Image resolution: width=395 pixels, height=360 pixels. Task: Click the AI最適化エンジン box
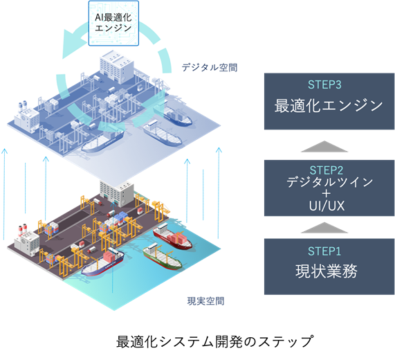point(113,24)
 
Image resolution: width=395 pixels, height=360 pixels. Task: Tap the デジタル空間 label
point(210,67)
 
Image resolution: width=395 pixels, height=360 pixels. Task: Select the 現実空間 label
point(205,301)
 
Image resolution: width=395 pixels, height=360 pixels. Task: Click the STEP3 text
point(324,84)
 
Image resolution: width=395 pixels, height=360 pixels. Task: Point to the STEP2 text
point(327,170)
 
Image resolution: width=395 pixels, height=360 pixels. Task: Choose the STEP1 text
point(324,251)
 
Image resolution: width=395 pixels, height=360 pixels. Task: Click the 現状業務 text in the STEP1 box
point(327,271)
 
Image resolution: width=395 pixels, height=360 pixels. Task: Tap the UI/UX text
point(327,206)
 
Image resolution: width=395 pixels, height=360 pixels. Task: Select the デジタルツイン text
point(329,182)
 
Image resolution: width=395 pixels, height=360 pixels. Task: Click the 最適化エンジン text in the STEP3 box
point(329,105)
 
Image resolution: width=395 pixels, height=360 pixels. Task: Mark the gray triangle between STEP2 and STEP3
point(324,147)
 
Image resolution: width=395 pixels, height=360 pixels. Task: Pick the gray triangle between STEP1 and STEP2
point(324,228)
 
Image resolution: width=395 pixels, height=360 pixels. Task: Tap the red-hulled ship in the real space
point(172,237)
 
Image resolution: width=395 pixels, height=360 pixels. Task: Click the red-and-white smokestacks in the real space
point(23,228)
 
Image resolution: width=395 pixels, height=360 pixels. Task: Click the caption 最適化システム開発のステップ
point(215,341)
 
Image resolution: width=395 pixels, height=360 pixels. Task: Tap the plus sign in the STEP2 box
point(327,194)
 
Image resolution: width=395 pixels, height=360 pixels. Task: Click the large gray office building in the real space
point(117,193)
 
